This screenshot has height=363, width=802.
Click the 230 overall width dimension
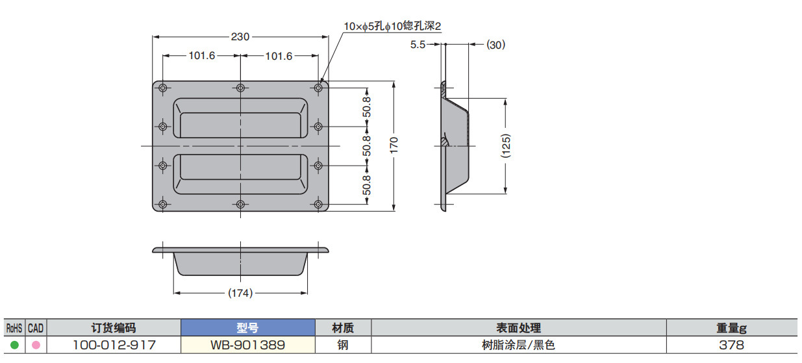click(x=240, y=37)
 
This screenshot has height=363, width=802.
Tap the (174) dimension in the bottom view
click(x=240, y=294)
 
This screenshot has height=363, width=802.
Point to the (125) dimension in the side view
click(x=506, y=146)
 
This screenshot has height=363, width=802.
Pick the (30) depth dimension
click(x=495, y=45)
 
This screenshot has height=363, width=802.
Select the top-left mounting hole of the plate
click(x=162, y=88)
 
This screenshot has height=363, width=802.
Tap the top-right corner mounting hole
click(x=318, y=88)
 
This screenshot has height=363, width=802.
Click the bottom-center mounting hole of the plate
click(x=240, y=205)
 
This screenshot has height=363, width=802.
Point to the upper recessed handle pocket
click(x=240, y=118)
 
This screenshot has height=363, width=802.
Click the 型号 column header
click(x=247, y=329)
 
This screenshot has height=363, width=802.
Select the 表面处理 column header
click(x=518, y=329)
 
